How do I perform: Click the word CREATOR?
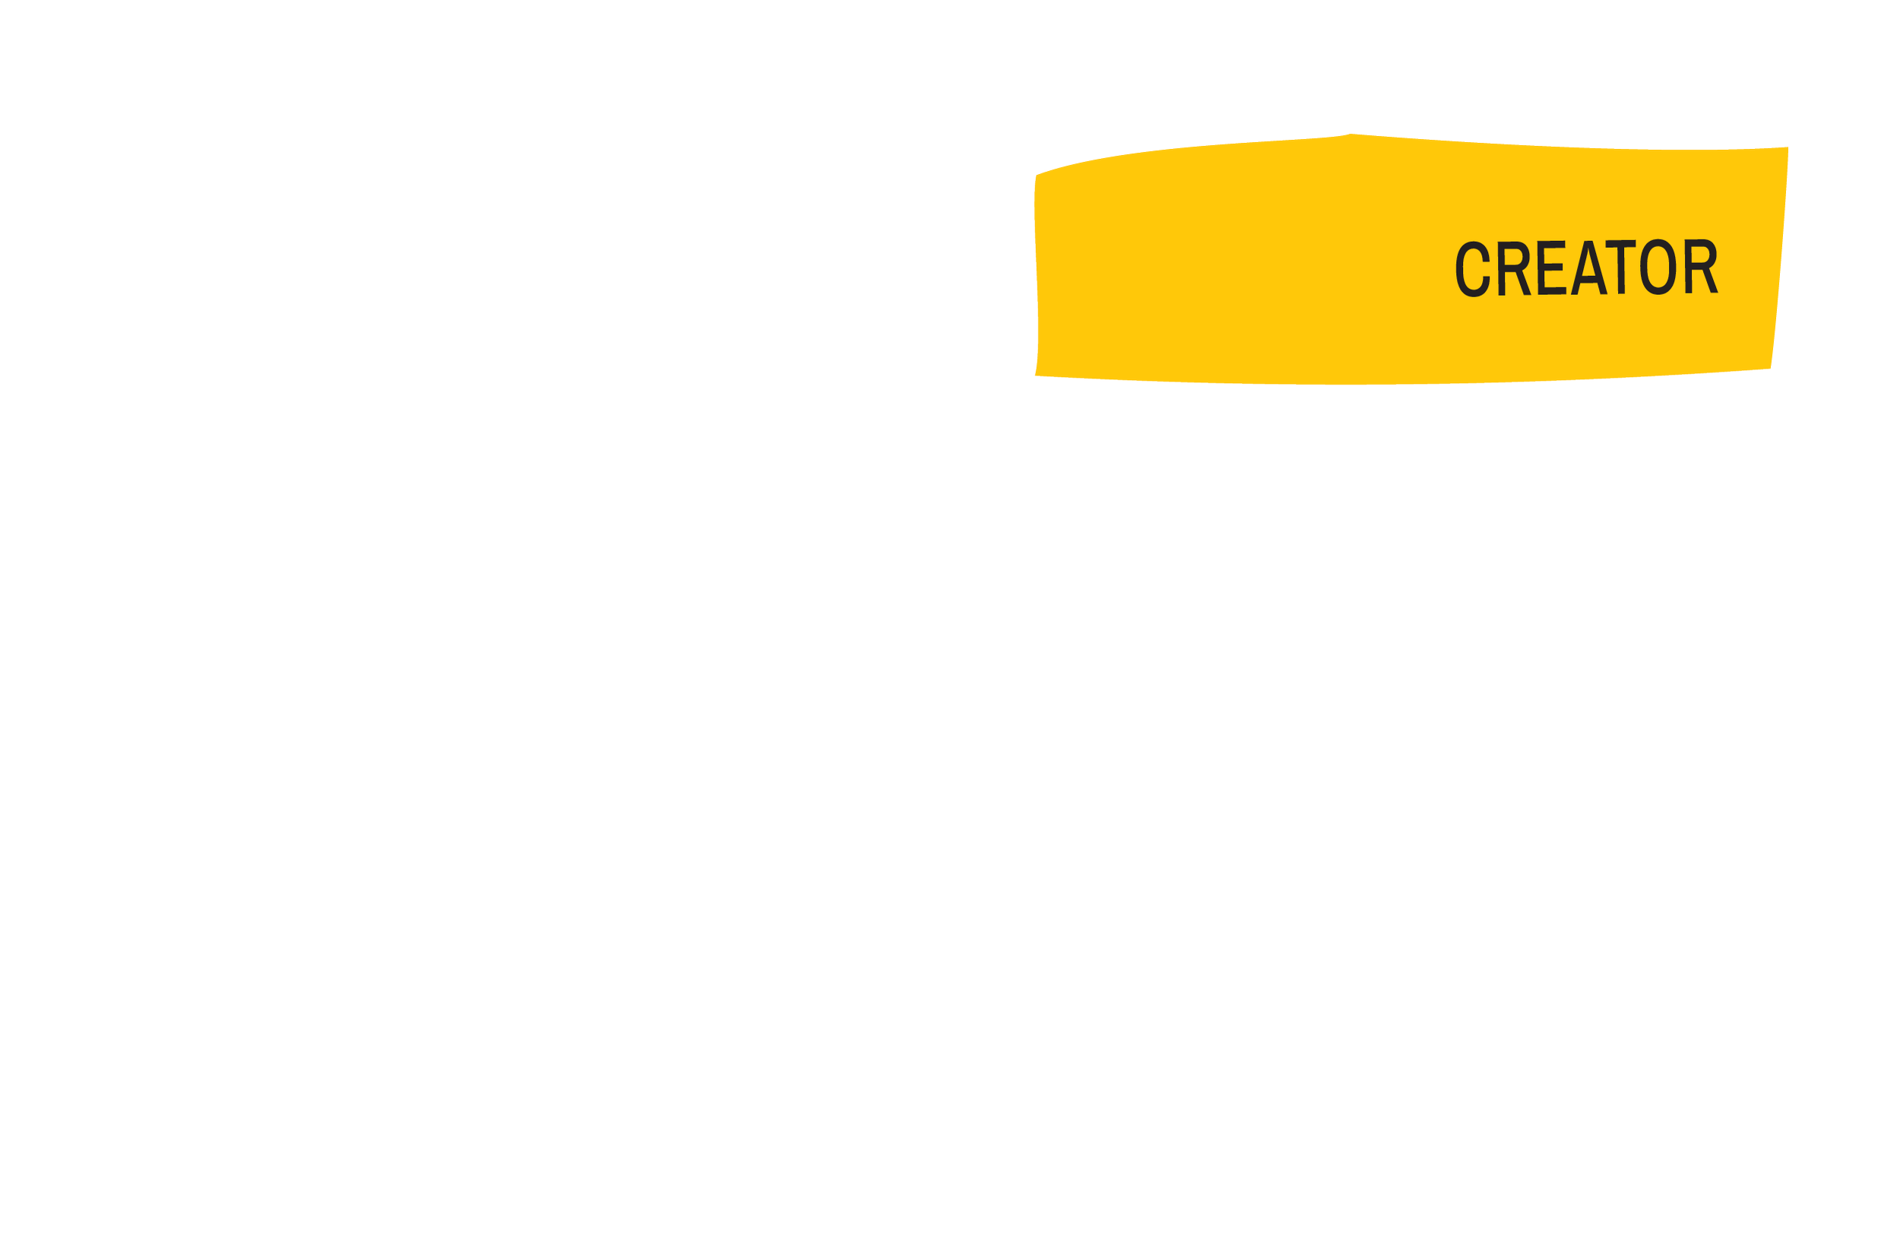tap(1585, 268)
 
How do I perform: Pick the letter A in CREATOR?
tap(1589, 268)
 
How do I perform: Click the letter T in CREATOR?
tap(1622, 268)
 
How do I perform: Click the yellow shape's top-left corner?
tap(1036, 173)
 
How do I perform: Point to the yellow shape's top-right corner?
tap(1788, 147)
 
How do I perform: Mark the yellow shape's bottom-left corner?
tap(1035, 376)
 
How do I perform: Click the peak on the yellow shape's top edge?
tap(1351, 134)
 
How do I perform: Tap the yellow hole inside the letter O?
tap(1658, 268)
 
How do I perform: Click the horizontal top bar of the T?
tap(1622, 244)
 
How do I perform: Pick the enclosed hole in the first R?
tap(1514, 257)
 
